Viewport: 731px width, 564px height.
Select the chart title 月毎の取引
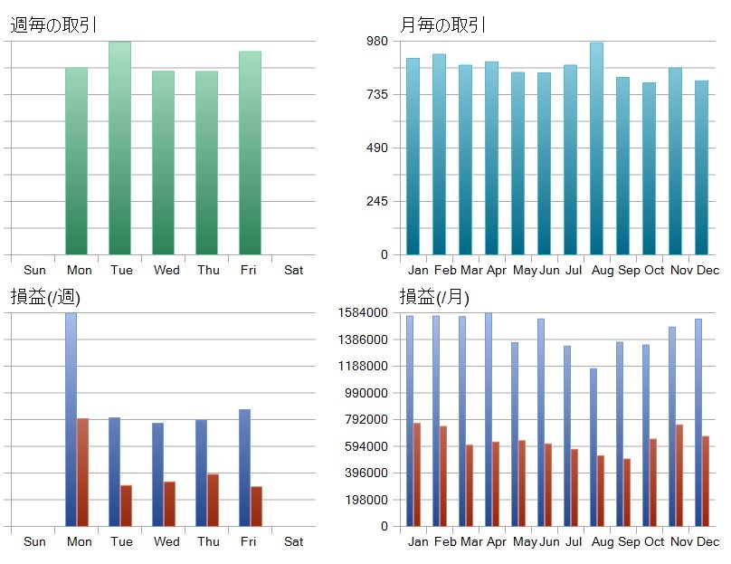point(442,25)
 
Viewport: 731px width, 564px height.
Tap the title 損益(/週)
point(45,297)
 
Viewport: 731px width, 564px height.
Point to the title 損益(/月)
point(434,297)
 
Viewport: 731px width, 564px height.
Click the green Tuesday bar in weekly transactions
point(119,149)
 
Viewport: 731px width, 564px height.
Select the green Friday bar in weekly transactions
point(250,154)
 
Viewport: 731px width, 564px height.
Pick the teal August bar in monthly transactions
point(596,149)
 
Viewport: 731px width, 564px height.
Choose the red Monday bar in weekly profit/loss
point(82,472)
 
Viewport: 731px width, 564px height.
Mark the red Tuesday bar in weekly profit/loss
point(126,505)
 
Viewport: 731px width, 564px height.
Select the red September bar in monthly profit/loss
point(626,492)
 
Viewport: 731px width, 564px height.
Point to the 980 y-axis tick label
point(375,42)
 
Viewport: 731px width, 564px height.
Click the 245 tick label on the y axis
point(375,202)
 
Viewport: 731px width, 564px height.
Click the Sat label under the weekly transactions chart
point(293,270)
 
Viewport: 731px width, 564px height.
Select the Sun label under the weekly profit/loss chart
point(34,541)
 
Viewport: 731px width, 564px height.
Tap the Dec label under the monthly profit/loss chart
point(707,541)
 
